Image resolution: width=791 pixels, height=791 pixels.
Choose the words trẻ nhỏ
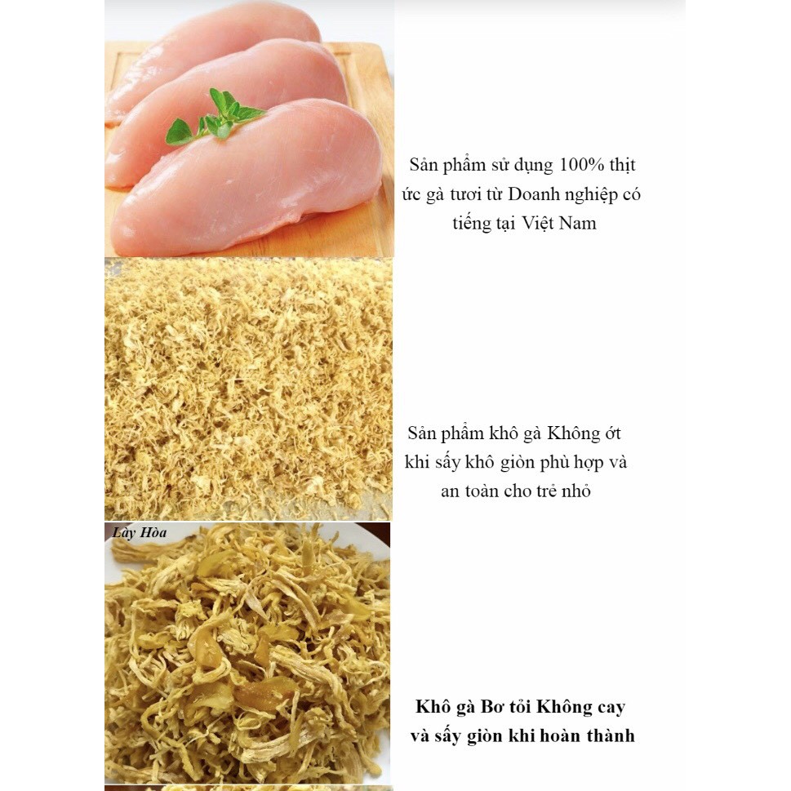click(x=563, y=491)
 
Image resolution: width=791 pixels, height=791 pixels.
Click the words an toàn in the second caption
click(x=469, y=491)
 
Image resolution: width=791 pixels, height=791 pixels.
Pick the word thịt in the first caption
click(x=621, y=165)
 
